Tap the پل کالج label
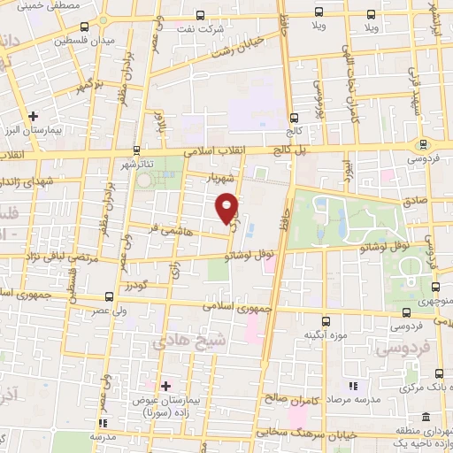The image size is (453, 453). (288, 150)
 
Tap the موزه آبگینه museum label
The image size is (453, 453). (324, 334)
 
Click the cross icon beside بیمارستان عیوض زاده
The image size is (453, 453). (165, 385)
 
